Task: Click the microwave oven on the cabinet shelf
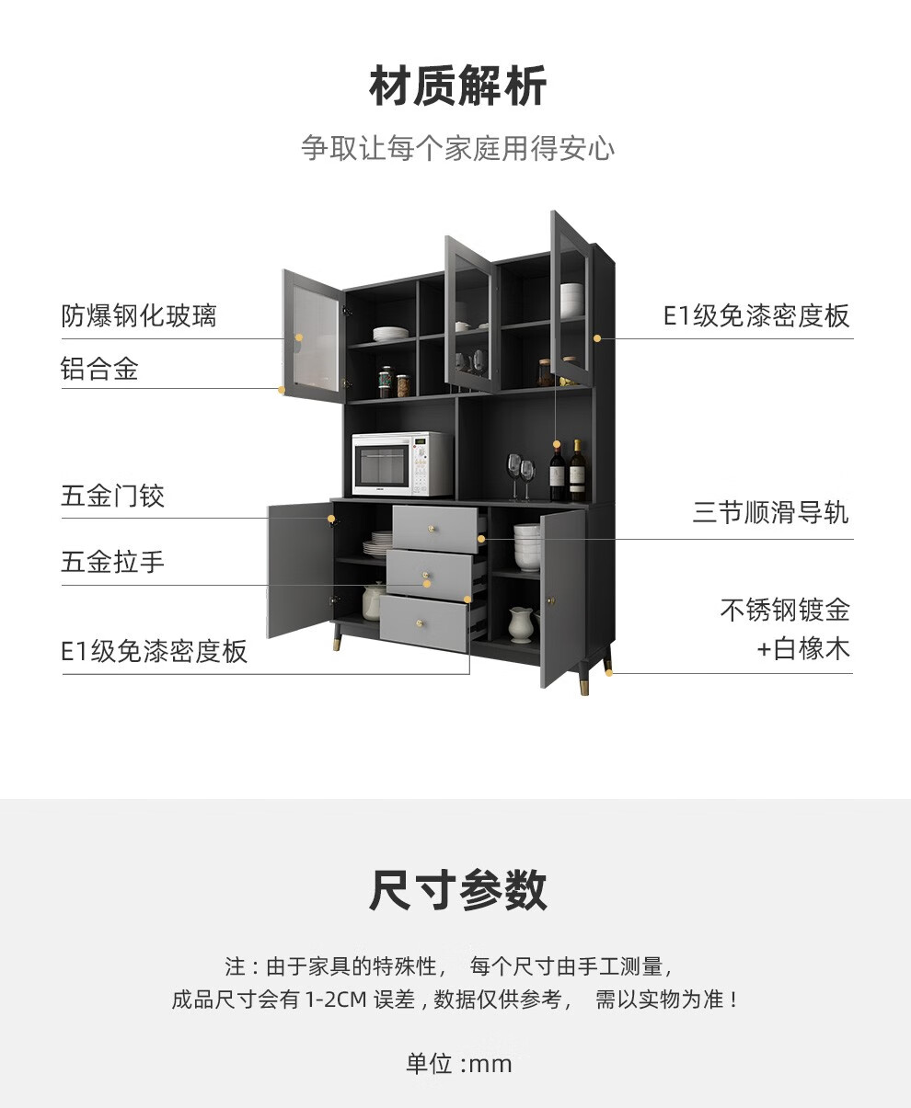[402, 464]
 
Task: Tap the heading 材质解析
[457, 87]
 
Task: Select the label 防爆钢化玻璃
[139, 316]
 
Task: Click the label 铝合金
[99, 369]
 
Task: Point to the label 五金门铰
[113, 497]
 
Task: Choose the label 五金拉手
[113, 562]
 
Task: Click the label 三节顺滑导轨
[771, 512]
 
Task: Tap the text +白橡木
[803, 649]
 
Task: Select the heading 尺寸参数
[457, 890]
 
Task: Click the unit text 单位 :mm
[458, 1064]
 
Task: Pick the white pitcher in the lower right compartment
[521, 623]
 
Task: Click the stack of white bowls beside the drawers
[527, 547]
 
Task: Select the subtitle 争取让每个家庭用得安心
[457, 148]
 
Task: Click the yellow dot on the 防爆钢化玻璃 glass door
[299, 337]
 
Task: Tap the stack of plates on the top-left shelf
[391, 334]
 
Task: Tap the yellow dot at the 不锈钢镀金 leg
[609, 671]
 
